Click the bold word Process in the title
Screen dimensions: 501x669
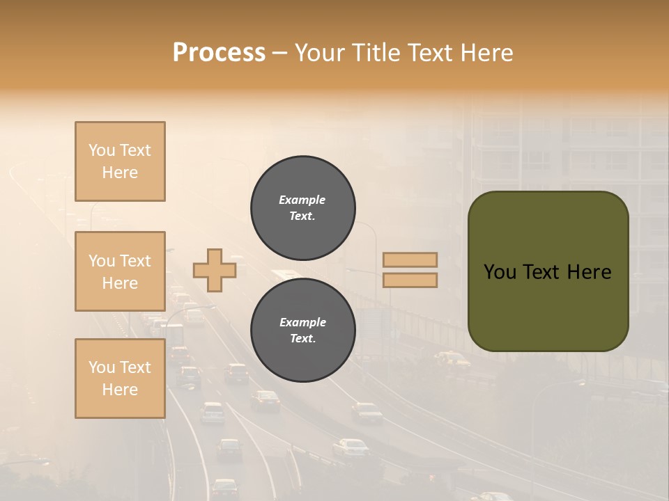(219, 53)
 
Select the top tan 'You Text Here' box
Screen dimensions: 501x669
(120, 161)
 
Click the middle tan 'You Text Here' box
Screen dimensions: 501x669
(120, 271)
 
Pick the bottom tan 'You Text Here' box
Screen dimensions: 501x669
(120, 379)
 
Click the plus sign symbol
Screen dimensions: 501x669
(215, 270)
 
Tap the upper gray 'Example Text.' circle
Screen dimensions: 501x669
(302, 208)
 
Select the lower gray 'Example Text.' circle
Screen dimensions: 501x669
(302, 331)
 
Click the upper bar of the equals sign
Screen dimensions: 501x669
(410, 260)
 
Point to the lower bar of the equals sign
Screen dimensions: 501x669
(410, 280)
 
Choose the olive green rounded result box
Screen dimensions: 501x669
(548, 271)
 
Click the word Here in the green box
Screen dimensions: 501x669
(589, 272)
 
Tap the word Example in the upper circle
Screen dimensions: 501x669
(302, 200)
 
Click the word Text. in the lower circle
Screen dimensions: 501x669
(302, 339)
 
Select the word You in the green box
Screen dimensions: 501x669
(500, 272)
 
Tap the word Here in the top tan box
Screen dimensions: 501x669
(120, 173)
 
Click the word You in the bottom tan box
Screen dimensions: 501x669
(102, 367)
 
